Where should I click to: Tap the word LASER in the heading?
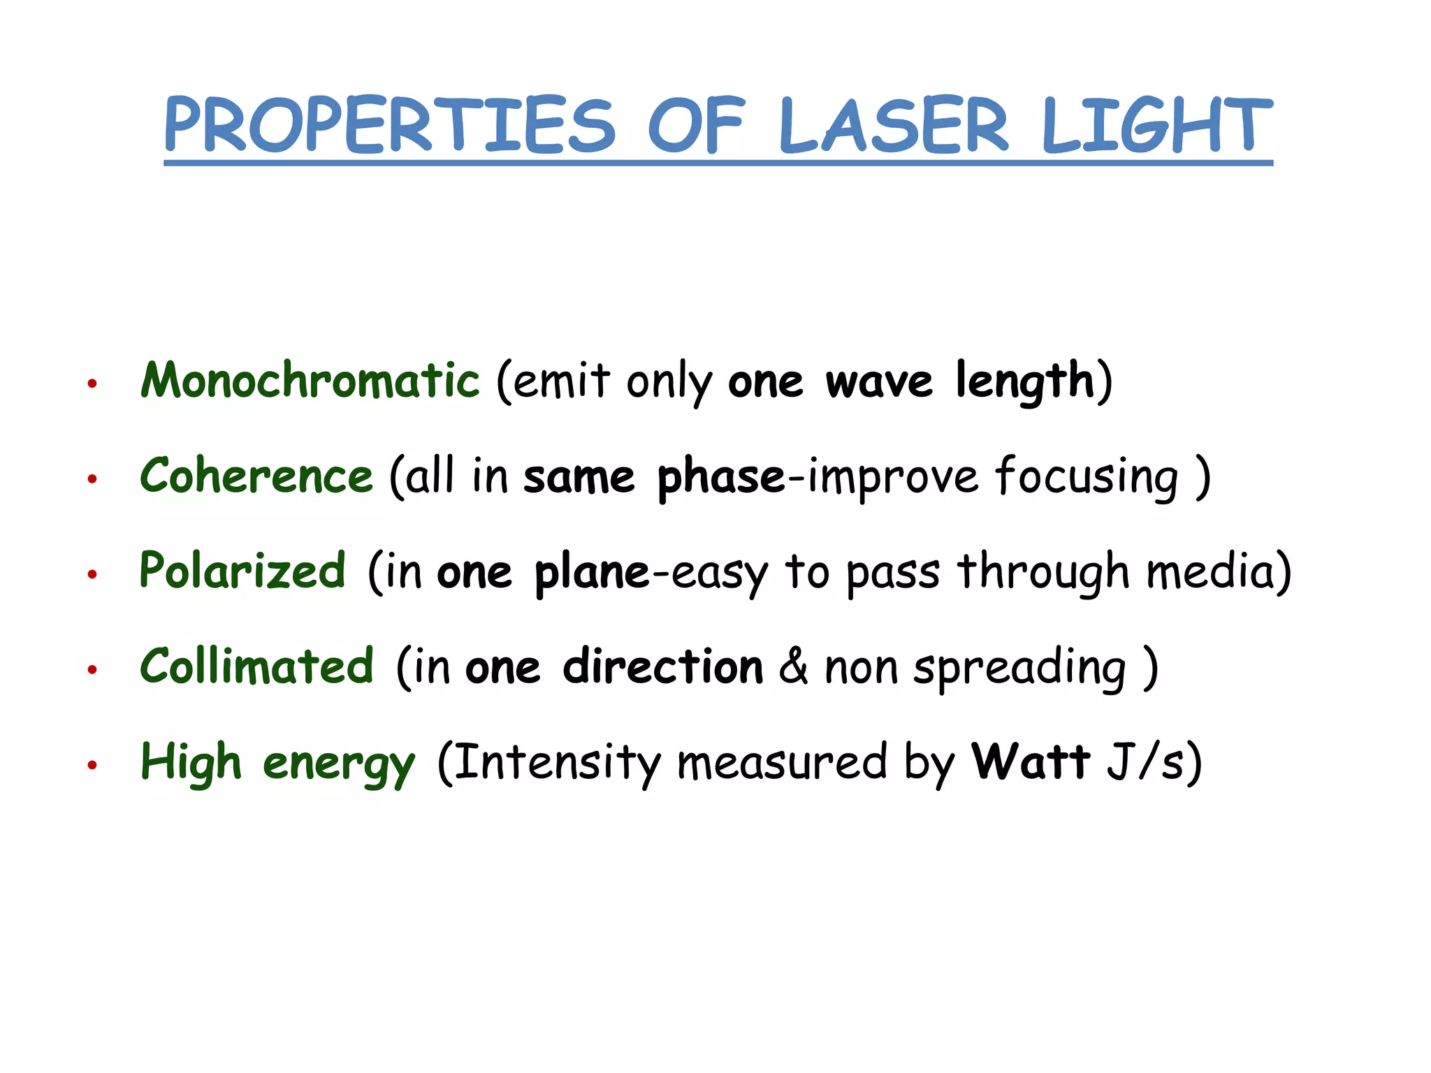point(894,126)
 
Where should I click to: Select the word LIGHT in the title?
point(1157,126)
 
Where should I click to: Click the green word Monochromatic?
point(310,381)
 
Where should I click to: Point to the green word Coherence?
point(256,476)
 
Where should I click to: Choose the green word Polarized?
point(242,571)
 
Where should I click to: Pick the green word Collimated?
point(257,666)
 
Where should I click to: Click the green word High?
point(191,761)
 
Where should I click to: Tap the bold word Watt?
point(1031,761)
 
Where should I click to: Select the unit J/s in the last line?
point(1146,761)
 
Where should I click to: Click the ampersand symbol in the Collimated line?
point(793,666)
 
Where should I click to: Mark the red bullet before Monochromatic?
point(92,384)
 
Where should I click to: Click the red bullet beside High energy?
point(92,765)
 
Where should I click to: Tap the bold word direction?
point(663,666)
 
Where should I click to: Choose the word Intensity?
point(558,763)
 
